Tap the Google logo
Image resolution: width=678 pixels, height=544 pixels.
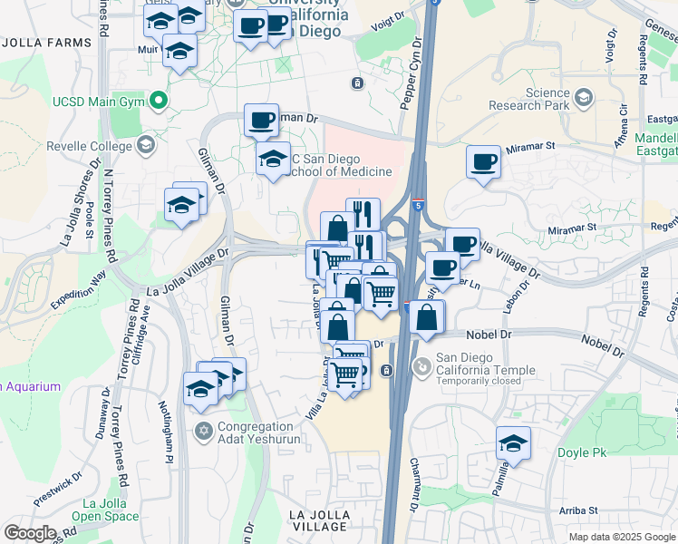click(31, 532)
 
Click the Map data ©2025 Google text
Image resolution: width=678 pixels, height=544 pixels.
click(622, 537)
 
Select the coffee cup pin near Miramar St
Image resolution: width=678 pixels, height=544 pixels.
click(483, 161)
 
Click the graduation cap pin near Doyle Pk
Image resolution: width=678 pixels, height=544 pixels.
click(513, 442)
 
